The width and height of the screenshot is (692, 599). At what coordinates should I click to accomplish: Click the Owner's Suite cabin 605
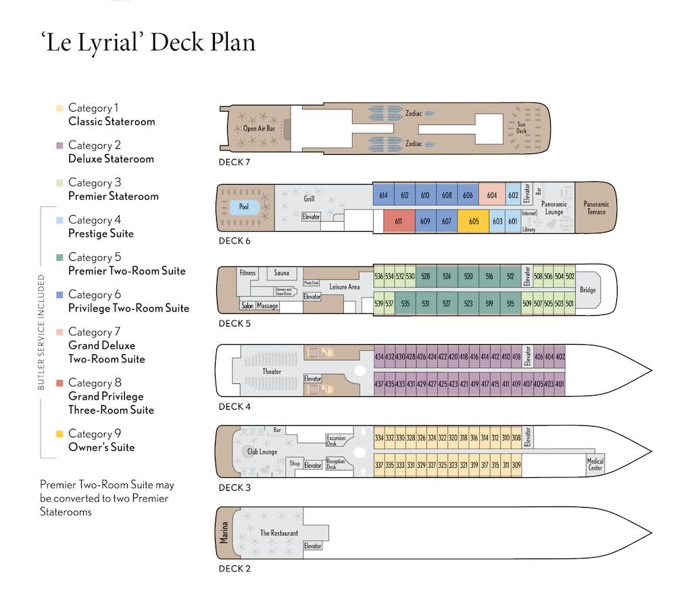pos(473,221)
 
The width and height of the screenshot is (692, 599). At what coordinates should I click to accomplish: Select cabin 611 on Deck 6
pos(398,221)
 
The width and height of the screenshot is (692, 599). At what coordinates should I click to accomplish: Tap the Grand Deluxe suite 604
pos(491,195)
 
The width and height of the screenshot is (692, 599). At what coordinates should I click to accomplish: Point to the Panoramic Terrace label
pos(596,208)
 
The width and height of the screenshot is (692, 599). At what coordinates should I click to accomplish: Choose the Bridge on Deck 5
pos(588,290)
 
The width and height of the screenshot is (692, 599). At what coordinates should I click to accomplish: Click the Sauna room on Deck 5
pos(281,273)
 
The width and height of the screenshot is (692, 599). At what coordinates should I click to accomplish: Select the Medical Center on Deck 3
pos(595,464)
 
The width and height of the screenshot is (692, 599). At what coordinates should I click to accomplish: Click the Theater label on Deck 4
pos(272,372)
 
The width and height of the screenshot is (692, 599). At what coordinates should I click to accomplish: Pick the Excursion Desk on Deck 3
pos(336,440)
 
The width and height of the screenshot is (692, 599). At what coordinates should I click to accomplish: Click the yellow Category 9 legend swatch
pos(60,434)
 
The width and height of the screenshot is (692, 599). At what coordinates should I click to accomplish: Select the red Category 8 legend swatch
pos(60,383)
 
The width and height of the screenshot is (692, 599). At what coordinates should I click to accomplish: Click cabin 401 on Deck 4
pos(559,384)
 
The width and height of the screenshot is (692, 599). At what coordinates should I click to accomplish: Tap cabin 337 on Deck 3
pos(379,464)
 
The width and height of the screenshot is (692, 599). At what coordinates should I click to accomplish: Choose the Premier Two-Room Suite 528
pos(425,277)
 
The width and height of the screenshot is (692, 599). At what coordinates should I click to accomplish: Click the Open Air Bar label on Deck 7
pos(259,128)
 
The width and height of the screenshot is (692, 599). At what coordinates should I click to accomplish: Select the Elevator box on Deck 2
pos(312,546)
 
